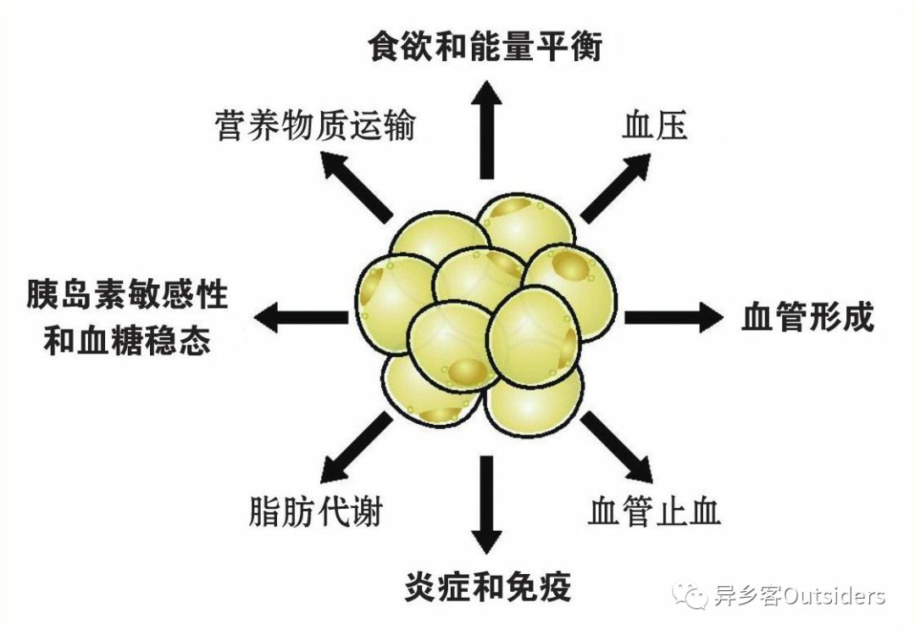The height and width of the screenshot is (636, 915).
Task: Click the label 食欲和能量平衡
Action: pos(485,46)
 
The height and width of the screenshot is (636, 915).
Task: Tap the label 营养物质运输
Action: pos(316,126)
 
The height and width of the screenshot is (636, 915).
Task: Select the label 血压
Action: pos(655,125)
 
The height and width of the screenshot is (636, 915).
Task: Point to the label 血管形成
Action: pos(807,317)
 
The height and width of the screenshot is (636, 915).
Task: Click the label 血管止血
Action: pos(655,511)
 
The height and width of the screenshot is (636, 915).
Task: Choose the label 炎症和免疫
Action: pos(487,586)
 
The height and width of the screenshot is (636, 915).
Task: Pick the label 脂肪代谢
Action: pos(316,511)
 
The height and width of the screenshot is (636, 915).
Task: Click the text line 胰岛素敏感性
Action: pos(127,293)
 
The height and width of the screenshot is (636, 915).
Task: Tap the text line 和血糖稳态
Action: pos(127,341)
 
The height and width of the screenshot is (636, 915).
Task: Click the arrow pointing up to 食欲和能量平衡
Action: pos(486,130)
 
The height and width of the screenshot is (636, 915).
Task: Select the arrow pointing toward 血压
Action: pos(616,187)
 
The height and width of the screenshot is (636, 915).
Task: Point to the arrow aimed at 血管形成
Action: pos(674,318)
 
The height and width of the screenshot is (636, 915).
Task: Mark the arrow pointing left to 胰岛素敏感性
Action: pos(301,318)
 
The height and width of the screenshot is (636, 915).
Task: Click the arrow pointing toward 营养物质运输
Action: pos(356,187)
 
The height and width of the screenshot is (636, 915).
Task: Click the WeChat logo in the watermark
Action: pos(690,595)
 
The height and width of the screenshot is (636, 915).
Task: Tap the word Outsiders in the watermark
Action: pos(834,596)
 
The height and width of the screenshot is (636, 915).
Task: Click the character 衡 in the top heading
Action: pos(586,46)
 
